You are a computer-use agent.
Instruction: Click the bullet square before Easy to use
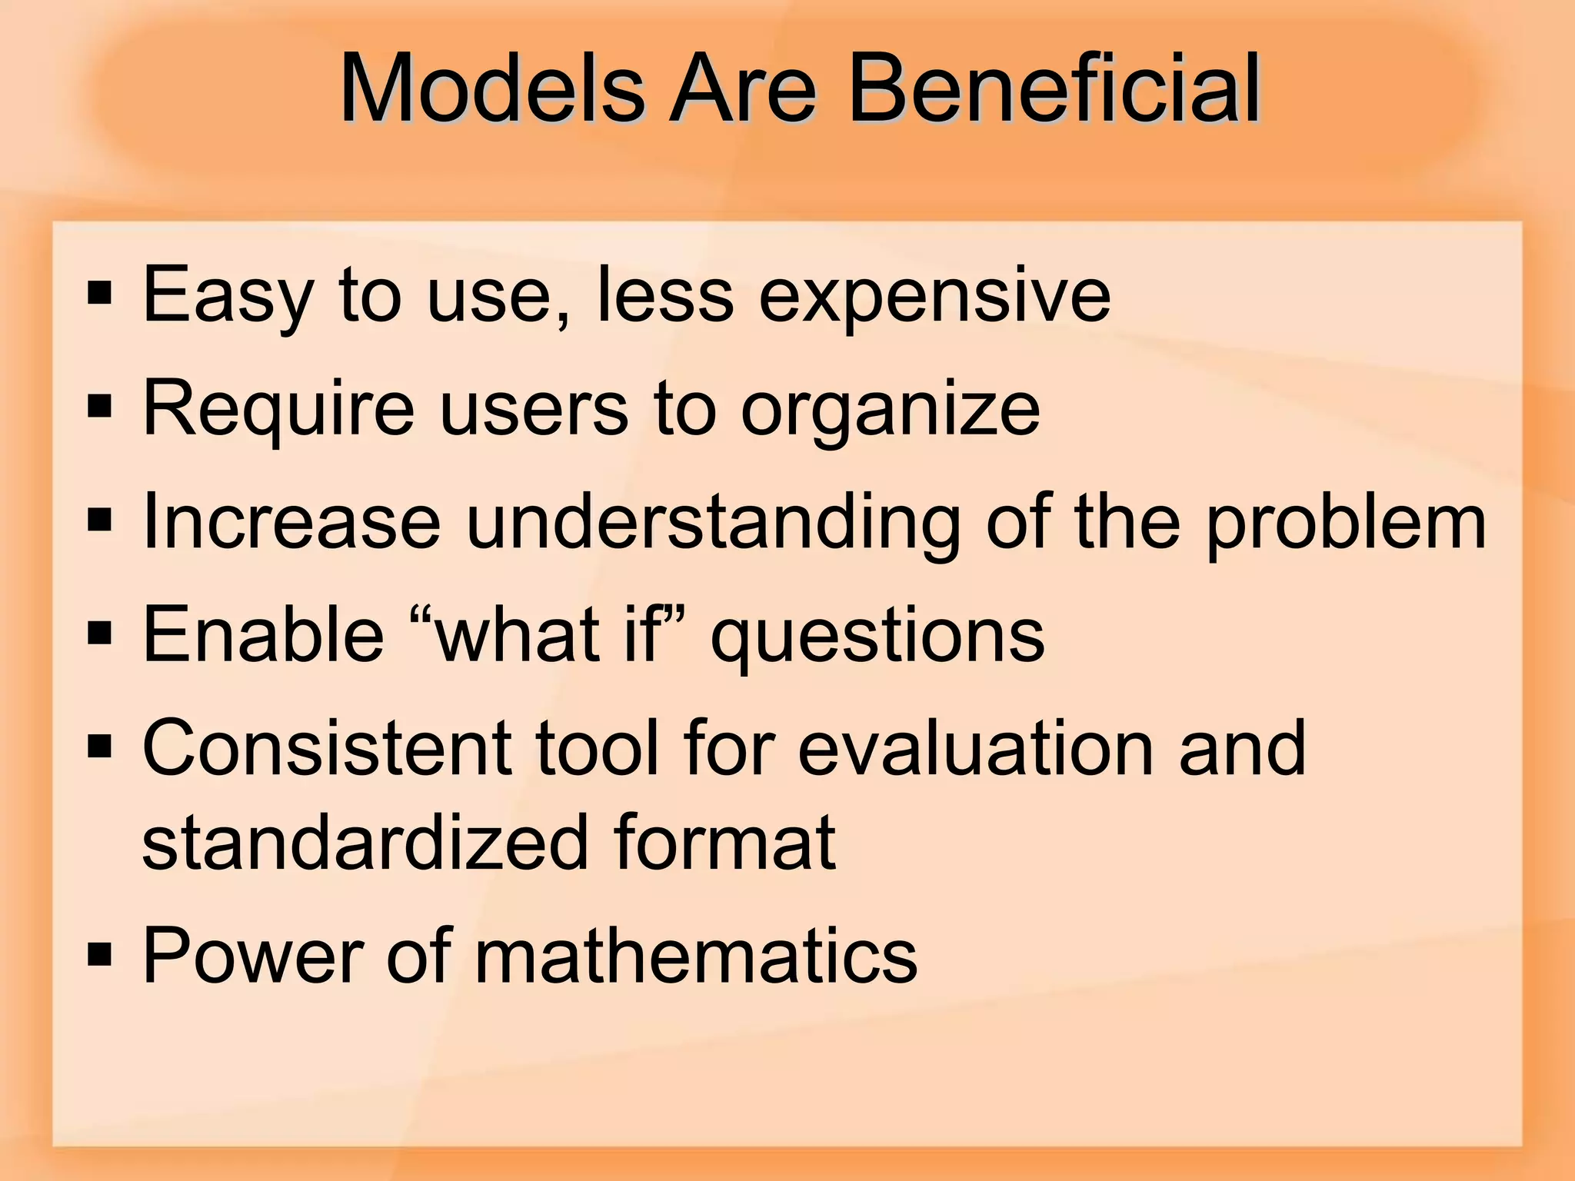(100, 293)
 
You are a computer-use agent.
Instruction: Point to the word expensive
(934, 296)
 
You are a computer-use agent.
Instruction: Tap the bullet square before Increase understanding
(100, 521)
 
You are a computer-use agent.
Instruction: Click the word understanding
(712, 523)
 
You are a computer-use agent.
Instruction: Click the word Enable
(263, 634)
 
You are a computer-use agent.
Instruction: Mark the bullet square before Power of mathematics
(100, 954)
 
